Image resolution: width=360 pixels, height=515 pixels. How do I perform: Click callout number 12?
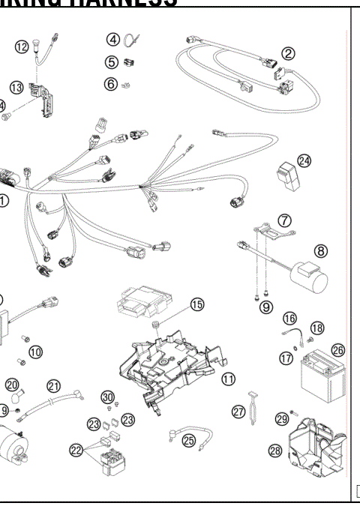(x=23, y=47)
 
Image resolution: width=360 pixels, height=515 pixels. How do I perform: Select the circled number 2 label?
(x=287, y=53)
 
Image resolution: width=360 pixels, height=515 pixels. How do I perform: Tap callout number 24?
(x=303, y=160)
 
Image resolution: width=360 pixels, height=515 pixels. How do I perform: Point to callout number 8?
(x=320, y=250)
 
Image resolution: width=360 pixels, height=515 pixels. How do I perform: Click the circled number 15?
(x=197, y=304)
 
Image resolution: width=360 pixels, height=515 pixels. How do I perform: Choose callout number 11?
(x=224, y=379)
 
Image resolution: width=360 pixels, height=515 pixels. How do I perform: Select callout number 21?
(x=53, y=385)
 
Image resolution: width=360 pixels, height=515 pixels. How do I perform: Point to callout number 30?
(x=108, y=397)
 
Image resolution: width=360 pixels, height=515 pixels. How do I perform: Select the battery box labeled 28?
(x=317, y=450)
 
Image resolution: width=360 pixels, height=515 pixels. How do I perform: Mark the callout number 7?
(x=285, y=220)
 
